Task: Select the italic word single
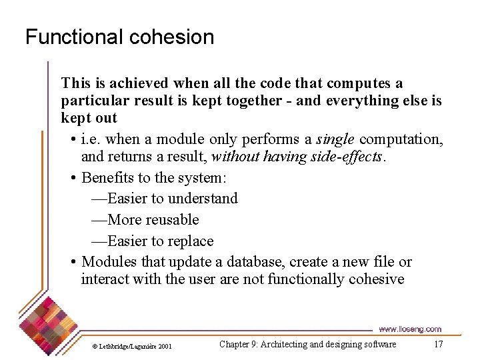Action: coord(335,140)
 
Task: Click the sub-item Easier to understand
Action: coord(164,199)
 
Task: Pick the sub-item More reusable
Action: coord(145,220)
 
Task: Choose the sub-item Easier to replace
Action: coord(152,241)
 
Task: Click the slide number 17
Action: coord(438,344)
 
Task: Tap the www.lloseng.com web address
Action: coord(410,329)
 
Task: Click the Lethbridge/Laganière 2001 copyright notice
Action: coord(131,346)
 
